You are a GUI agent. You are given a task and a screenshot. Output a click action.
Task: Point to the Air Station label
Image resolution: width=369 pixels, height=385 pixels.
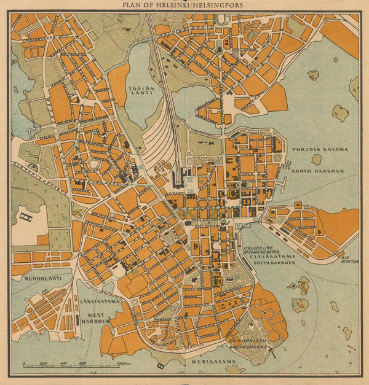tap(350, 259)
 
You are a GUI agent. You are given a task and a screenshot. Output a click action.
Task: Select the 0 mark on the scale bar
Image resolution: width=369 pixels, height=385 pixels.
tap(23, 364)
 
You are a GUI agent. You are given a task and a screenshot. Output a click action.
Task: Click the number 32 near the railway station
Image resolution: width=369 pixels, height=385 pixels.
tap(189, 179)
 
